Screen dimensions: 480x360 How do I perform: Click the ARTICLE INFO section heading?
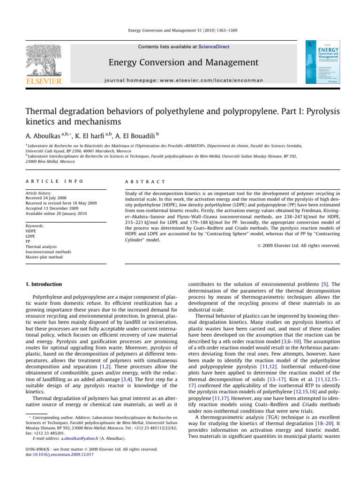(48, 181)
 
